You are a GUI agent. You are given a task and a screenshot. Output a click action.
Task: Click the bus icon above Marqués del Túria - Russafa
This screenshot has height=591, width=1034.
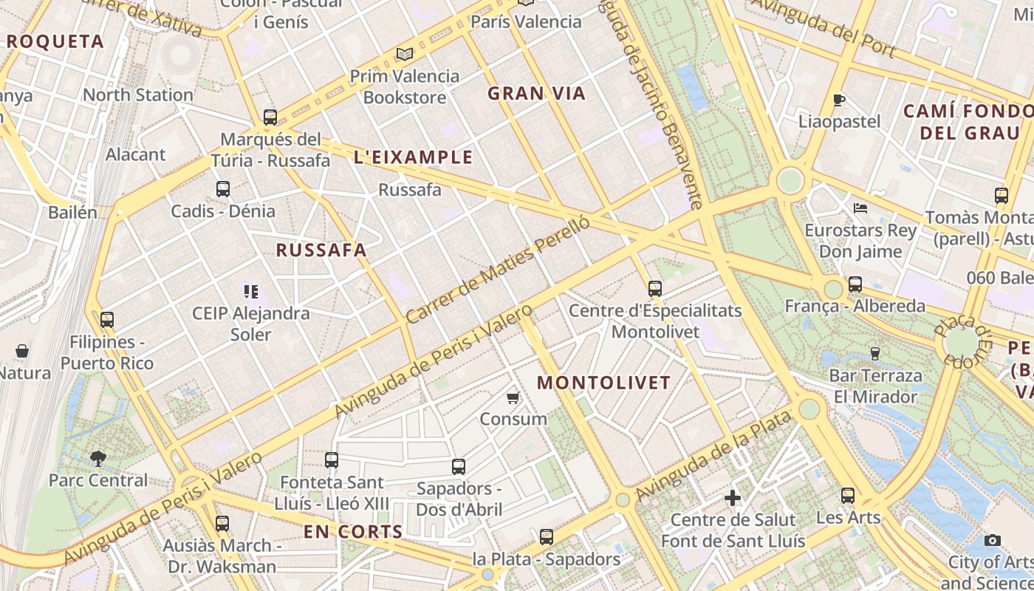click(x=270, y=117)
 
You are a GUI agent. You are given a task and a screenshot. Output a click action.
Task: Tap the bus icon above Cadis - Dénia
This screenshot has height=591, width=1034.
click(x=223, y=189)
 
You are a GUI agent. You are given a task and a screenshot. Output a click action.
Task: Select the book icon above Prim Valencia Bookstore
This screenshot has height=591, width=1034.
click(x=404, y=54)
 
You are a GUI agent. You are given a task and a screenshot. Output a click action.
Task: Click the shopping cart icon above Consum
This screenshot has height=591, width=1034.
click(x=513, y=398)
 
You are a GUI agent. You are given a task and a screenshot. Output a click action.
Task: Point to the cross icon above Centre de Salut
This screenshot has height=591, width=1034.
click(x=733, y=498)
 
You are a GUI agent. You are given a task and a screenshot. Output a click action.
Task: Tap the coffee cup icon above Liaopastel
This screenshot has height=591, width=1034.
click(x=838, y=100)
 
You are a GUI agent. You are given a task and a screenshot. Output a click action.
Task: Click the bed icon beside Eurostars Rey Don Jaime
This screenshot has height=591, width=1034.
click(x=860, y=208)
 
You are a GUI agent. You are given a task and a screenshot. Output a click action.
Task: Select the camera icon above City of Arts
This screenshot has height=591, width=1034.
click(x=993, y=540)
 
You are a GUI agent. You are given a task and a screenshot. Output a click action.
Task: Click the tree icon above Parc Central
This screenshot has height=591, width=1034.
click(x=97, y=459)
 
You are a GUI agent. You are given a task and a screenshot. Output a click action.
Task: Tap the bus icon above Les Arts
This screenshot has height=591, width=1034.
click(x=848, y=496)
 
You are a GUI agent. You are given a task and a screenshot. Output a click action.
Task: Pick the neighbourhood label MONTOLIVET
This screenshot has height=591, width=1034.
click(x=603, y=383)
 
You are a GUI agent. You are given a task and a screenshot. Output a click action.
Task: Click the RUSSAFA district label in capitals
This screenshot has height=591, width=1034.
click(x=321, y=250)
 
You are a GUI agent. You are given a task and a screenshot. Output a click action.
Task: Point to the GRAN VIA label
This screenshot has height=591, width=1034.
click(x=536, y=93)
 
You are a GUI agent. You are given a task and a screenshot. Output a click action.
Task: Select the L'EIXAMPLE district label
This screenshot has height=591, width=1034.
click(x=413, y=157)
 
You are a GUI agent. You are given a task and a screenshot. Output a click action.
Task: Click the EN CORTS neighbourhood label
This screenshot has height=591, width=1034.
click(x=353, y=531)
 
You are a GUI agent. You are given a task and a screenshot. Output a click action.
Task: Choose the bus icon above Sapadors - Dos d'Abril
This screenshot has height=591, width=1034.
click(x=459, y=467)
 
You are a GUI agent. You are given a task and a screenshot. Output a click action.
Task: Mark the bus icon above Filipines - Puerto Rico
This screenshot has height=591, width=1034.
click(x=107, y=320)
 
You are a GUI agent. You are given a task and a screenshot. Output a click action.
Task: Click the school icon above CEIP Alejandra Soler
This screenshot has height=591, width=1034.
click(x=251, y=292)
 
